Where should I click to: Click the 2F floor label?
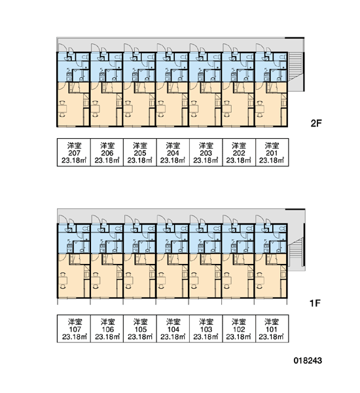(x=316, y=123)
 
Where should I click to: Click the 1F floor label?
(x=315, y=303)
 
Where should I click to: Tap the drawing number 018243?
(x=308, y=361)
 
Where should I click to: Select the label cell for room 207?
(x=74, y=152)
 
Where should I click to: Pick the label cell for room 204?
(x=173, y=152)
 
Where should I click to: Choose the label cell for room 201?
(x=272, y=152)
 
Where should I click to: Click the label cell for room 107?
(x=74, y=329)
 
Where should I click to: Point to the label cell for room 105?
(x=140, y=329)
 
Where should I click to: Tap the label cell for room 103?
(x=206, y=329)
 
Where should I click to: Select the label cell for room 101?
(x=272, y=329)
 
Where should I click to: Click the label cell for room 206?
(x=107, y=152)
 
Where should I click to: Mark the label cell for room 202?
(x=239, y=152)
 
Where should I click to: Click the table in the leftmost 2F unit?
(x=63, y=109)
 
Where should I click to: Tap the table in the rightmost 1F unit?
(x=261, y=280)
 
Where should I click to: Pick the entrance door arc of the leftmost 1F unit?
(x=62, y=218)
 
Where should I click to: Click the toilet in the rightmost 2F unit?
(x=283, y=58)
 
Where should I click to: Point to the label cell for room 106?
(x=107, y=329)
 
